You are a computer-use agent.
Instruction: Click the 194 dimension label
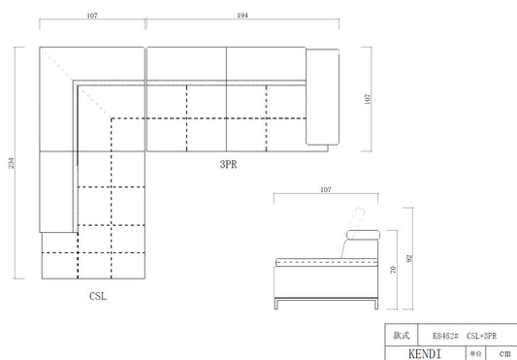pyautogui.click(x=242, y=16)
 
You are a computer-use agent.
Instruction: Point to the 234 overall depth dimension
pyautogui.click(x=12, y=163)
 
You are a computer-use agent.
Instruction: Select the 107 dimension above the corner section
pyautogui.click(x=92, y=16)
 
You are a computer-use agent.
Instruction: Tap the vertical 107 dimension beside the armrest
pyautogui.click(x=368, y=99)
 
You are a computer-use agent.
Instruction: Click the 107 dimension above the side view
pyautogui.click(x=326, y=190)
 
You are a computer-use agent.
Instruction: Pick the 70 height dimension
pyautogui.click(x=393, y=270)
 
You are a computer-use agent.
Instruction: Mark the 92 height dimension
pyautogui.click(x=409, y=258)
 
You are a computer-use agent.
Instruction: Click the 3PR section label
pyautogui.click(x=228, y=164)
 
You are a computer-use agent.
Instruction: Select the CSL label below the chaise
pyautogui.click(x=98, y=296)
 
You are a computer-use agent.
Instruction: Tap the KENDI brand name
pyautogui.click(x=425, y=354)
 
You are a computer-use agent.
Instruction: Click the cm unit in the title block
pyautogui.click(x=504, y=353)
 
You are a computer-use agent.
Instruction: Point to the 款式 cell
pyautogui.click(x=402, y=335)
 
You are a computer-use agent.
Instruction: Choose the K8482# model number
pyautogui.click(x=445, y=336)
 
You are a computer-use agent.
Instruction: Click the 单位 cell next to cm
pyautogui.click(x=476, y=354)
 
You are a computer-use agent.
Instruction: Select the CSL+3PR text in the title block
pyautogui.click(x=481, y=336)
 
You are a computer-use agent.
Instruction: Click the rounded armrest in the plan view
pyautogui.click(x=322, y=97)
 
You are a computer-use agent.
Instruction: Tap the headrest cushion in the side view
pyautogui.click(x=363, y=235)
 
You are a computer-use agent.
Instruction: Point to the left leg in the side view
pyautogui.click(x=276, y=304)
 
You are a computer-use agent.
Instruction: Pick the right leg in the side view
pyautogui.click(x=376, y=304)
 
